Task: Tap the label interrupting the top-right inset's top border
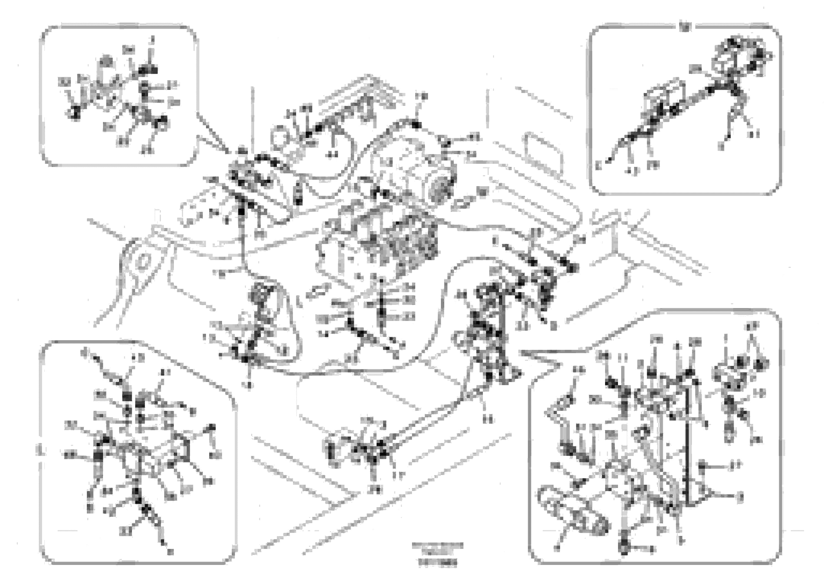[x=685, y=27]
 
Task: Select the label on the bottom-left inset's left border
[x=40, y=450]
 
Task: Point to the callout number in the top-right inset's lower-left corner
[x=598, y=166]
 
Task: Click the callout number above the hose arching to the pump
[x=421, y=97]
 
